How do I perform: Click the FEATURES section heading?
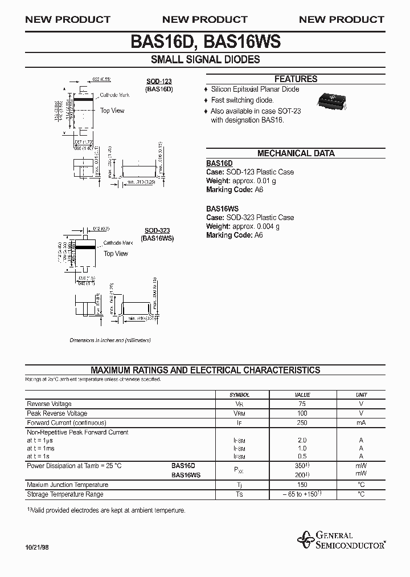(296, 79)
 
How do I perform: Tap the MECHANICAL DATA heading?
(296, 153)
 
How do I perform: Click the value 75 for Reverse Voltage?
(302, 404)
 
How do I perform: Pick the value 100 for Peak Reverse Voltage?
(302, 413)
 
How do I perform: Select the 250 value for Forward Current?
(302, 422)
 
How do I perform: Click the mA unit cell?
(361, 422)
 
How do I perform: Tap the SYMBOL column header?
(239, 395)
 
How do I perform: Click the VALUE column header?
(302, 395)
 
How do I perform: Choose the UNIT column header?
(361, 395)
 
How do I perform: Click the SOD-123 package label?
(159, 82)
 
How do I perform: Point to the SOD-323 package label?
(157, 230)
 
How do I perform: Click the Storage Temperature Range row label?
(65, 494)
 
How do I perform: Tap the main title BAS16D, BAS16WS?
(205, 42)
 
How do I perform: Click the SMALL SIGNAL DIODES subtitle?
(205, 60)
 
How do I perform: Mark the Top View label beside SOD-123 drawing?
(112, 111)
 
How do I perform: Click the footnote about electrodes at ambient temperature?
(106, 511)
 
